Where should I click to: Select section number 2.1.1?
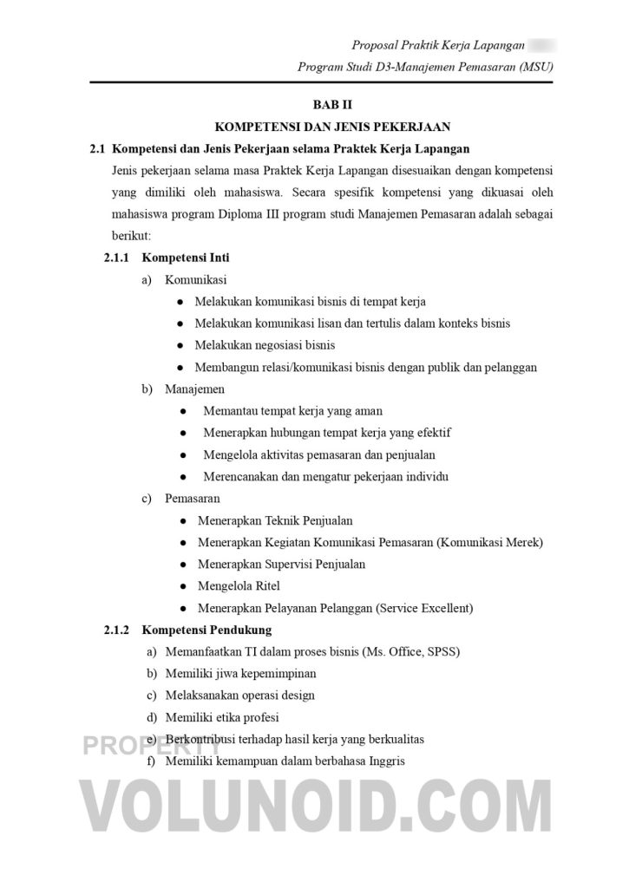coord(115,258)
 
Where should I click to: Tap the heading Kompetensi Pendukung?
coord(206,630)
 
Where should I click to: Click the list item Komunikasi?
coord(195,280)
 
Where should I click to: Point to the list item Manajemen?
coord(194,389)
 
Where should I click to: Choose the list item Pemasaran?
coord(192,499)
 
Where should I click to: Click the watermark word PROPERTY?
coord(139,745)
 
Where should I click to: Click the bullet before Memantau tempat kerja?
coord(183,411)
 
